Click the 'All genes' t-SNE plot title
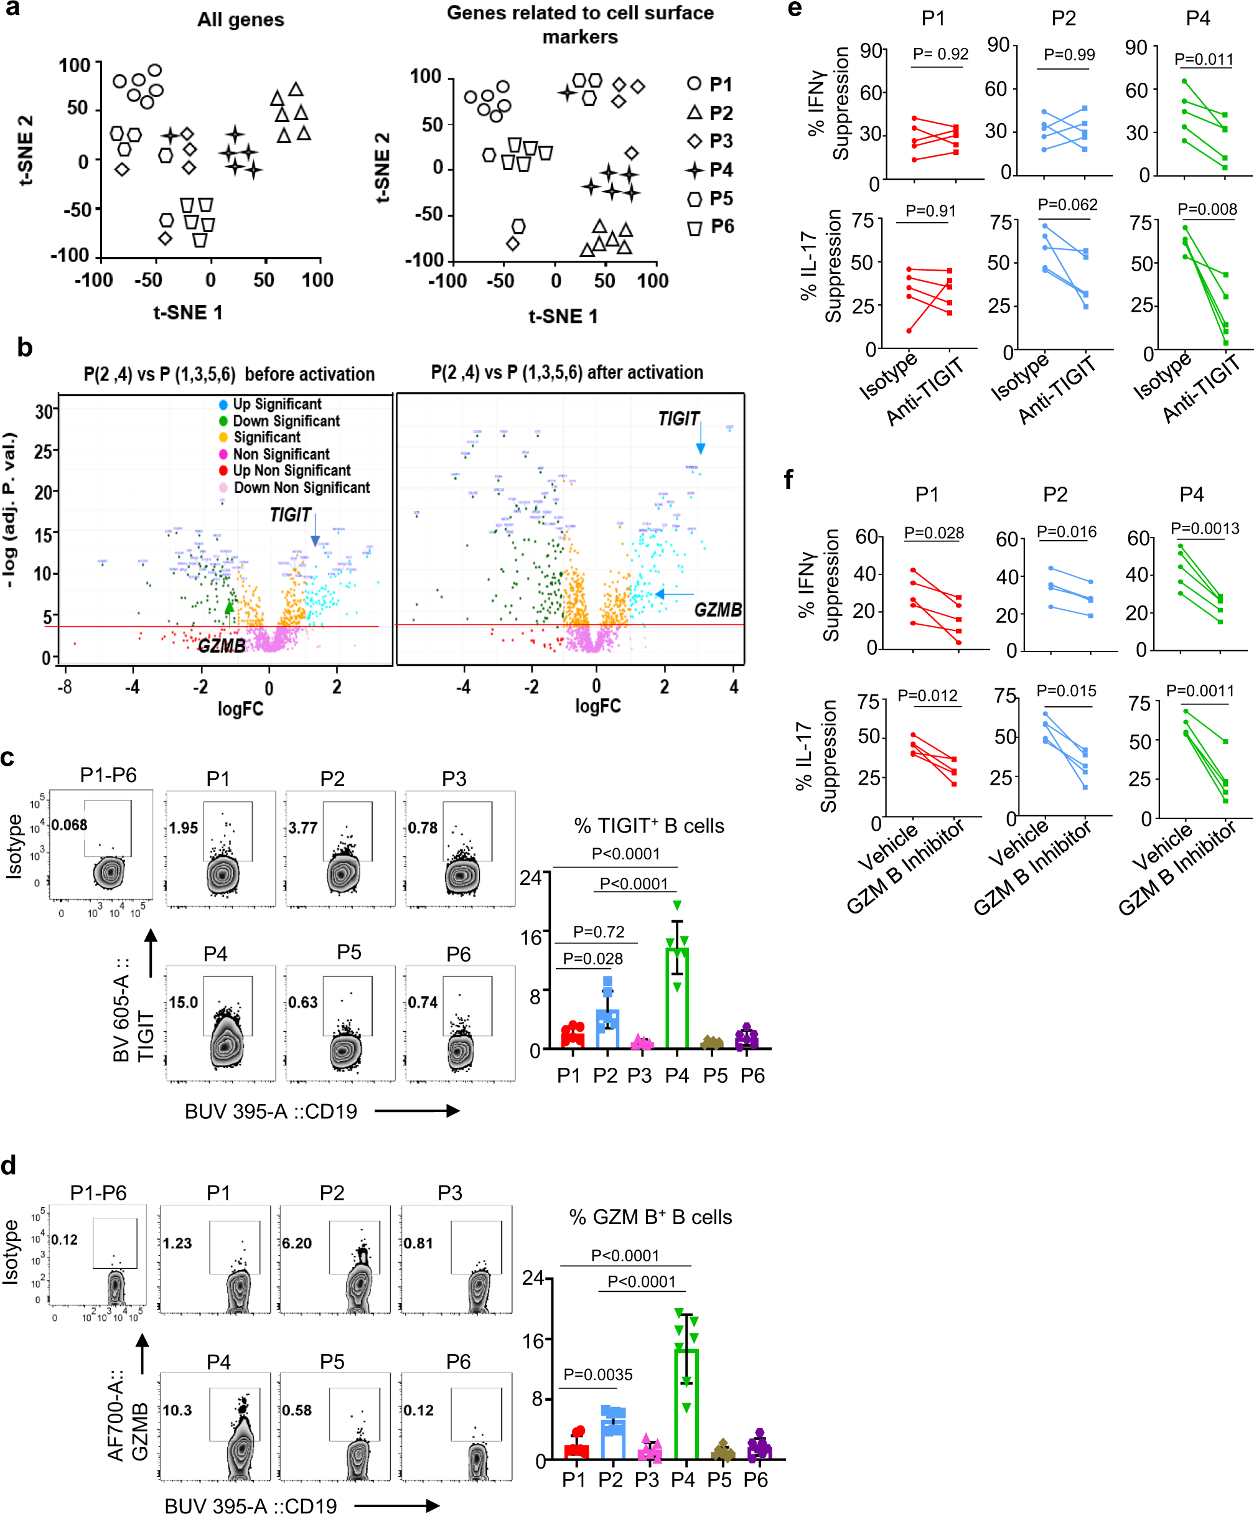pyautogui.click(x=241, y=19)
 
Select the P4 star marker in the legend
pyautogui.click(x=695, y=170)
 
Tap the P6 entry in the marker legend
pyautogui.click(x=710, y=227)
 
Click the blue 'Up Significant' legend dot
pyautogui.click(x=223, y=404)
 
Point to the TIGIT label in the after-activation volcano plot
pyautogui.click(x=678, y=419)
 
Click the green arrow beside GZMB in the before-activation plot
pyautogui.click(x=229, y=614)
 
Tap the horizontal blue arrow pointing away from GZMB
pyautogui.click(x=673, y=594)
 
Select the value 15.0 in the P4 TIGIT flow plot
pyautogui.click(x=183, y=1002)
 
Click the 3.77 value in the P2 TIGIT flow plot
pyautogui.click(x=303, y=828)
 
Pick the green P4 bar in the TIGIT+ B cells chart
pyautogui.click(x=677, y=999)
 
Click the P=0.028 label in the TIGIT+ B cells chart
pyautogui.click(x=592, y=958)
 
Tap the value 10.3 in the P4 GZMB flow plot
pyautogui.click(x=177, y=1410)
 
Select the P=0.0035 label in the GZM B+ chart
pyautogui.click(x=598, y=1374)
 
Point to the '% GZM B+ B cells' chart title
pyautogui.click(x=650, y=1217)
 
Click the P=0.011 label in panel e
pyautogui.click(x=1204, y=59)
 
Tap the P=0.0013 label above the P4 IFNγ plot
pyautogui.click(x=1205, y=528)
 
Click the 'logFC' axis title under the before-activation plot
pyautogui.click(x=241, y=709)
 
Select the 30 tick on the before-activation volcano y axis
pyautogui.click(x=45, y=412)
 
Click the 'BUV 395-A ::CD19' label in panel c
pyautogui.click(x=271, y=1111)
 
